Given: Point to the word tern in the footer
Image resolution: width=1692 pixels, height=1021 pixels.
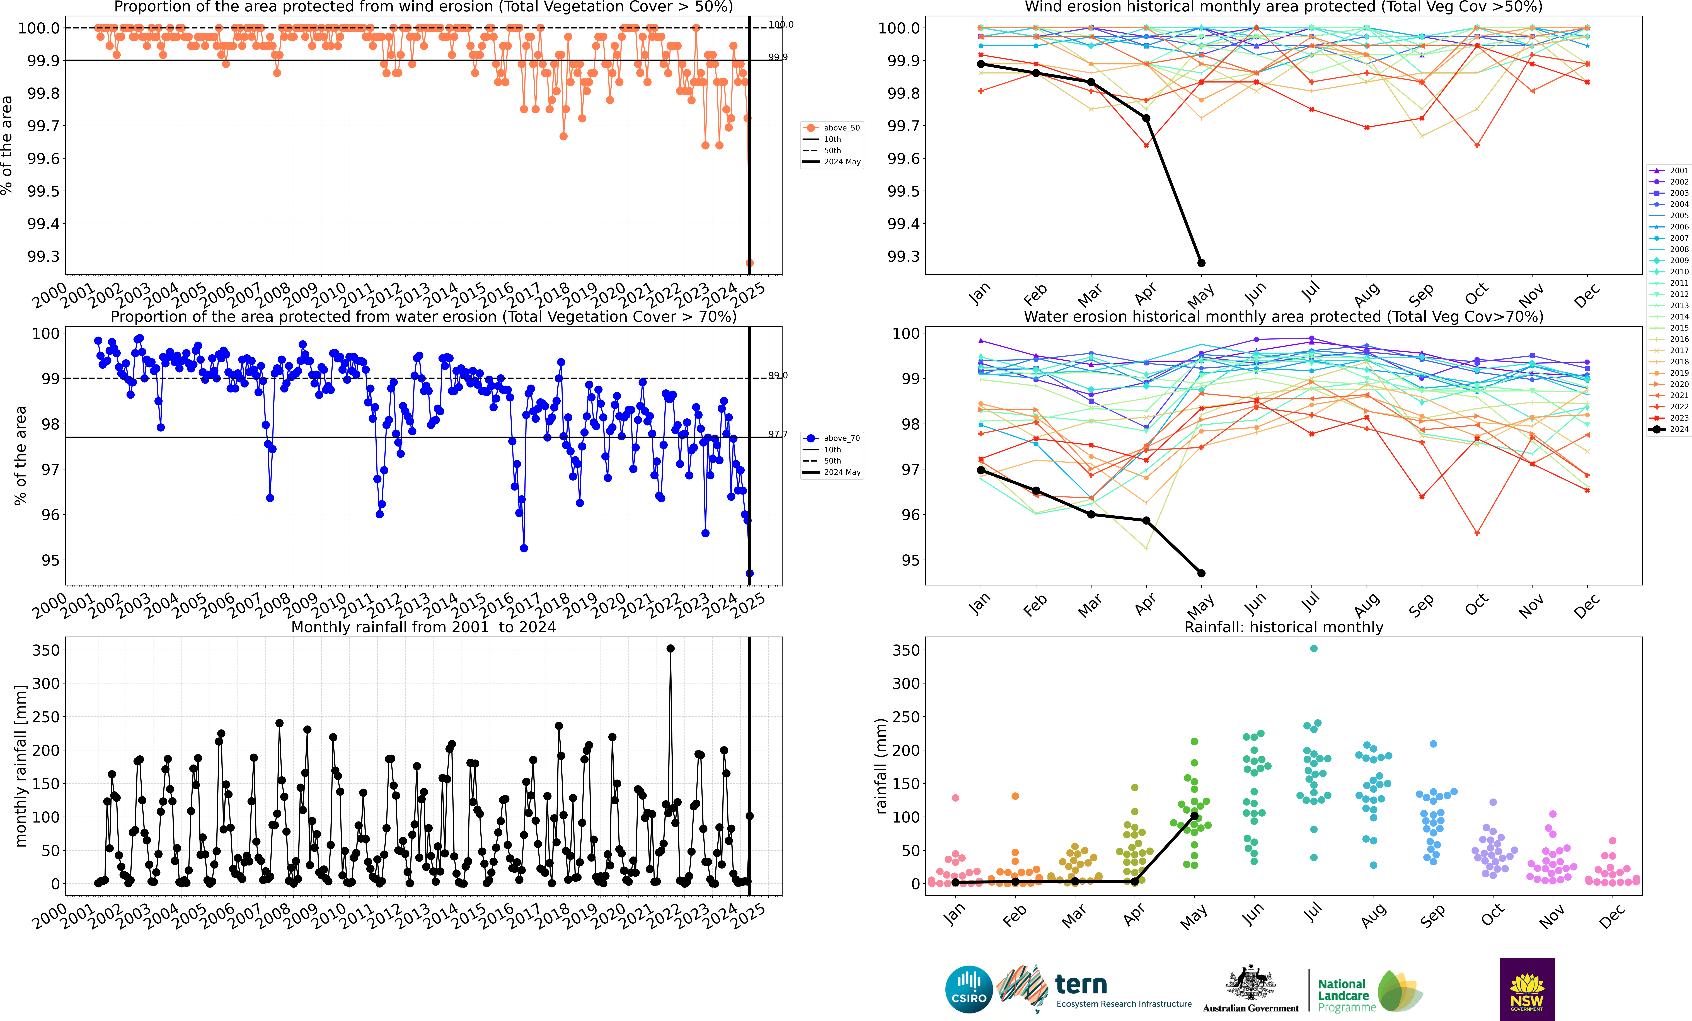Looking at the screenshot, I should pyautogui.click(x=1081, y=985).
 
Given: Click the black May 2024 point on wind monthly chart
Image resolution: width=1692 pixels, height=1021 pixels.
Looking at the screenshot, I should pyautogui.click(x=1201, y=263).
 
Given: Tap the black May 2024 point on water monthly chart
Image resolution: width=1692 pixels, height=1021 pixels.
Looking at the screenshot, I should pyautogui.click(x=1201, y=573).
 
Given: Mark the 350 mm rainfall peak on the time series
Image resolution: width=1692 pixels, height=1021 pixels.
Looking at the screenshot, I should pyautogui.click(x=670, y=648).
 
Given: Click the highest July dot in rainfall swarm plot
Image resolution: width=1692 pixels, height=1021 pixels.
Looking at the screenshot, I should pyautogui.click(x=1314, y=648).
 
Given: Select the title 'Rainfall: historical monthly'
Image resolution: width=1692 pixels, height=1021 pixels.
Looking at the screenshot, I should pyautogui.click(x=1283, y=627).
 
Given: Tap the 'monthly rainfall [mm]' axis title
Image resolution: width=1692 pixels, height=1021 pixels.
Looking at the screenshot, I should pyautogui.click(x=21, y=766).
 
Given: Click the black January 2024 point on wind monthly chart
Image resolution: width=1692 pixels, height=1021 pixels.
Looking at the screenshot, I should pyautogui.click(x=981, y=64).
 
